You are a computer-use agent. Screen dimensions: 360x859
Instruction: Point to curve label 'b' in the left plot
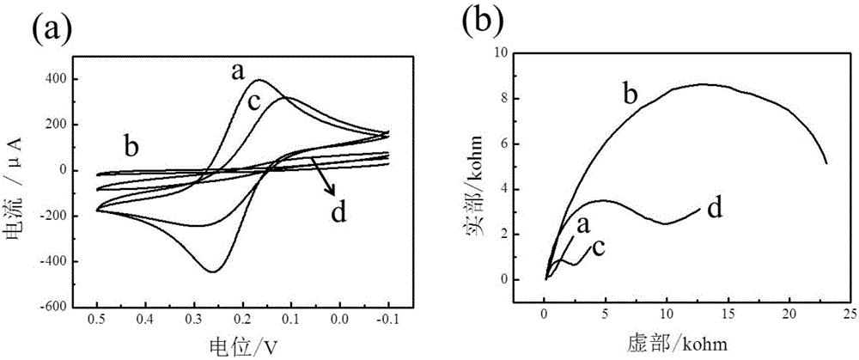131,147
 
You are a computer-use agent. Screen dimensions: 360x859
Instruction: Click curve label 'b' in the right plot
630,95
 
